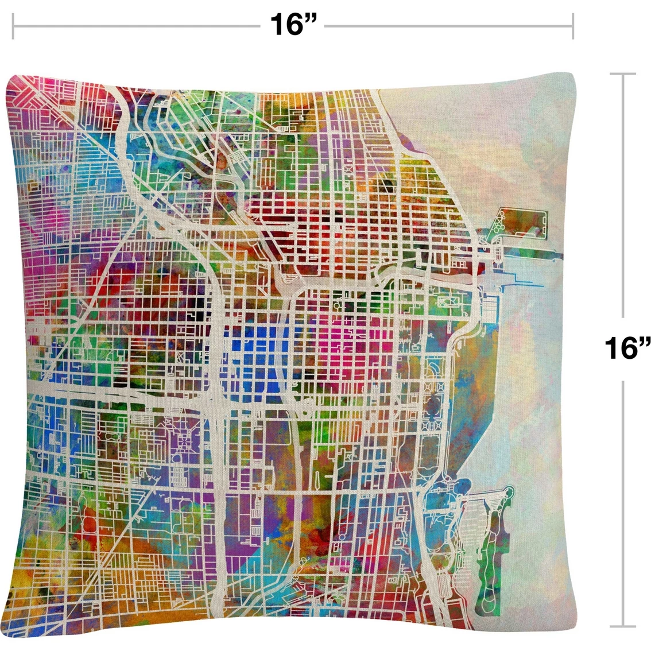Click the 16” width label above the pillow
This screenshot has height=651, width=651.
click(293, 25)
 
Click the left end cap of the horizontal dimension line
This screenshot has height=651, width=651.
click(13, 26)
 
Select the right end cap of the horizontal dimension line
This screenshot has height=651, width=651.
click(572, 26)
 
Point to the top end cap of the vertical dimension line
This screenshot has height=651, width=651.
click(622, 74)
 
